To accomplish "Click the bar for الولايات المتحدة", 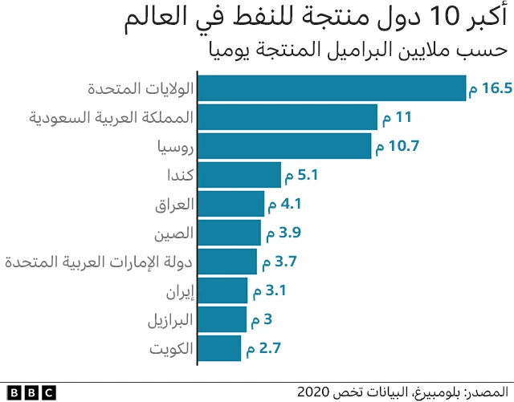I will pyautogui.click(x=331, y=88).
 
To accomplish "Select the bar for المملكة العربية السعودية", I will pyautogui.click(x=287, y=117).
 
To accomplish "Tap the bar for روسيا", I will pyautogui.click(x=284, y=146).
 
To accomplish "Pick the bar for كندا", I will pyautogui.click(x=239, y=175).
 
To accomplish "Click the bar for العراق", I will pyautogui.click(x=230, y=204).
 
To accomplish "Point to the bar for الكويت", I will pyautogui.click(x=218, y=348).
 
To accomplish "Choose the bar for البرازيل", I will pyautogui.click(x=222, y=319).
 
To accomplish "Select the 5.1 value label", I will pyautogui.click(x=308, y=175).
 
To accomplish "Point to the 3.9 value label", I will pyautogui.click(x=288, y=233).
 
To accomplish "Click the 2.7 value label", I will pyautogui.click(x=268, y=348).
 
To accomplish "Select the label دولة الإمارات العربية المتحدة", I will pyautogui.click(x=99, y=262).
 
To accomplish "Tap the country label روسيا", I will pyautogui.click(x=174, y=147).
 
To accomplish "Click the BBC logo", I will pyautogui.click(x=28, y=392).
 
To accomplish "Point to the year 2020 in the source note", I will pyautogui.click(x=314, y=392).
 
